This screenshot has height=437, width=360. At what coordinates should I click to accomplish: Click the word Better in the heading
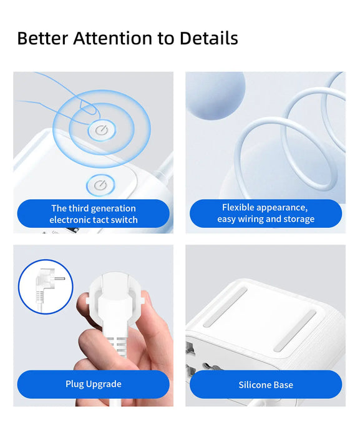coord(42,38)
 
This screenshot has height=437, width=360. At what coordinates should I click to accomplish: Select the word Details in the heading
coord(208,38)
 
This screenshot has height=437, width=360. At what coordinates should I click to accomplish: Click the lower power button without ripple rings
coord(99,185)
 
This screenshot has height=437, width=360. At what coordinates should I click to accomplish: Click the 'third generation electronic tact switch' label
coord(93,214)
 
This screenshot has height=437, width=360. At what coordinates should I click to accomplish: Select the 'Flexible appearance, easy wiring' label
coord(265,213)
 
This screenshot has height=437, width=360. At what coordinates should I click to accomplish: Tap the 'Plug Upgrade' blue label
coord(93,384)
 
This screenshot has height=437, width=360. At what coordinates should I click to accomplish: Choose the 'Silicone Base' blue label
coord(265,385)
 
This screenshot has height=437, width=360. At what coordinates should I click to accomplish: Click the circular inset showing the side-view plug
coord(46,287)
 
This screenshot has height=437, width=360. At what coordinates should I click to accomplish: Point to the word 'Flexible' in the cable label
coord(239,207)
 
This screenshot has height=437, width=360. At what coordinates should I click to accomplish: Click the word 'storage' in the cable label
coord(298,219)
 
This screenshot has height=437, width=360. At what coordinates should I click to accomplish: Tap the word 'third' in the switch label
coord(81,208)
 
